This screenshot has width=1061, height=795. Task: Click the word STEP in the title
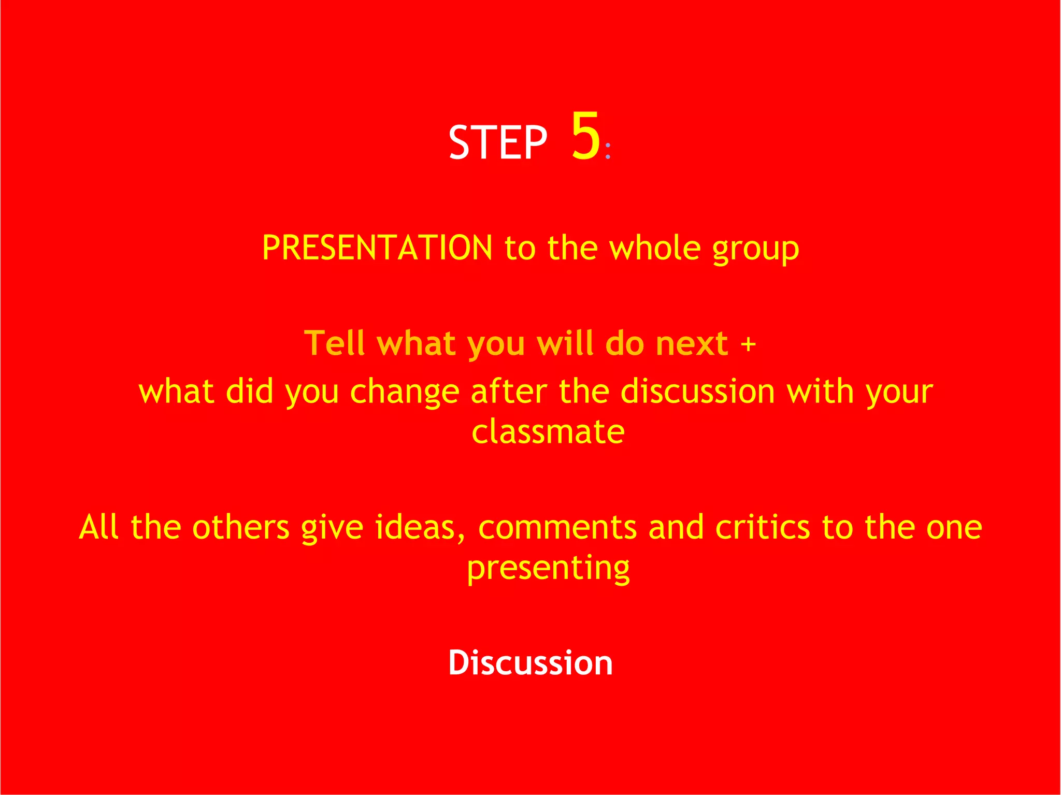pyautogui.click(x=497, y=142)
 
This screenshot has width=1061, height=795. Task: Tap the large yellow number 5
pyautogui.click(x=585, y=136)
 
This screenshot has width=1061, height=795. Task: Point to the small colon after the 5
pyautogui.click(x=608, y=150)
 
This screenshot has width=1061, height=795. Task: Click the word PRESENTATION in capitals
pyautogui.click(x=377, y=248)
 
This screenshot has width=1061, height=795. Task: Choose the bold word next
pyautogui.click(x=692, y=344)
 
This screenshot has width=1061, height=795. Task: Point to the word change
pyautogui.click(x=405, y=392)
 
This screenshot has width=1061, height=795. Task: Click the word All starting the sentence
pyautogui.click(x=98, y=527)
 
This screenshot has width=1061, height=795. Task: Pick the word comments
pyautogui.click(x=557, y=527)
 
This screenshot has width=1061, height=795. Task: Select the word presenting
pyautogui.click(x=548, y=569)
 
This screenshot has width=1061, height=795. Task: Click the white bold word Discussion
pyautogui.click(x=530, y=662)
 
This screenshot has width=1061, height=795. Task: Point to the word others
pyautogui.click(x=240, y=527)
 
